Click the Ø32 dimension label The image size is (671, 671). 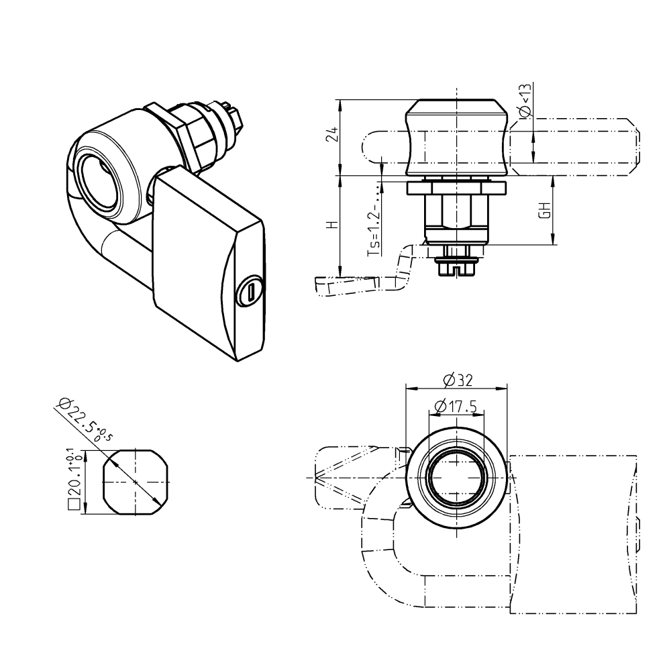point(458,380)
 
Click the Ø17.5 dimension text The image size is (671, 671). point(456,406)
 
